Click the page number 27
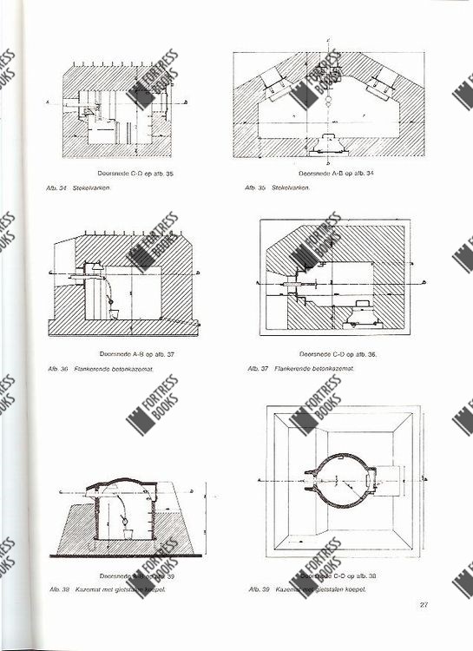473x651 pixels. tap(424, 605)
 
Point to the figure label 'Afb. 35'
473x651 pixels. tap(255, 187)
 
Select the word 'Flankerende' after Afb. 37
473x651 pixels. tap(292, 368)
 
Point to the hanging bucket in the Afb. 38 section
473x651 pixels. tap(124, 527)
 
